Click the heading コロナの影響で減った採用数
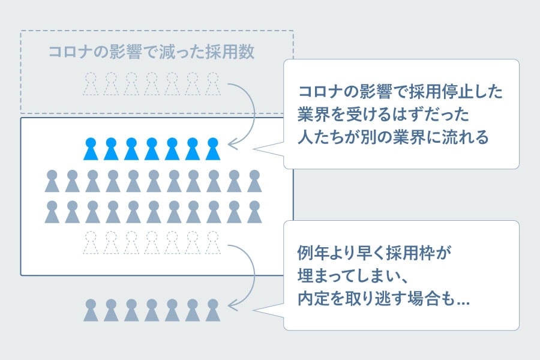coord(151,52)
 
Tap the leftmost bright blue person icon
coord(91,149)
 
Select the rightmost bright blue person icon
coord(212,149)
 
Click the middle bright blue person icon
coord(152,149)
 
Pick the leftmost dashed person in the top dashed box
coord(91,84)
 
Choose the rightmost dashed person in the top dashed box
coord(212,84)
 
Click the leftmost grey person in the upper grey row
coord(52,181)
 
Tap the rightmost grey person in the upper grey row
coord(254,181)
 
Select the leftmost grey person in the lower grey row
coord(52,212)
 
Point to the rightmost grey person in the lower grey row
coord(254,212)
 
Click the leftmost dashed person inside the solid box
coord(91,242)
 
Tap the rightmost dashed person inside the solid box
coord(212,242)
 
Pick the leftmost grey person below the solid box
coord(91,310)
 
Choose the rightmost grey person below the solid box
coord(212,310)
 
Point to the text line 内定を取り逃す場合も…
coord(383,298)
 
